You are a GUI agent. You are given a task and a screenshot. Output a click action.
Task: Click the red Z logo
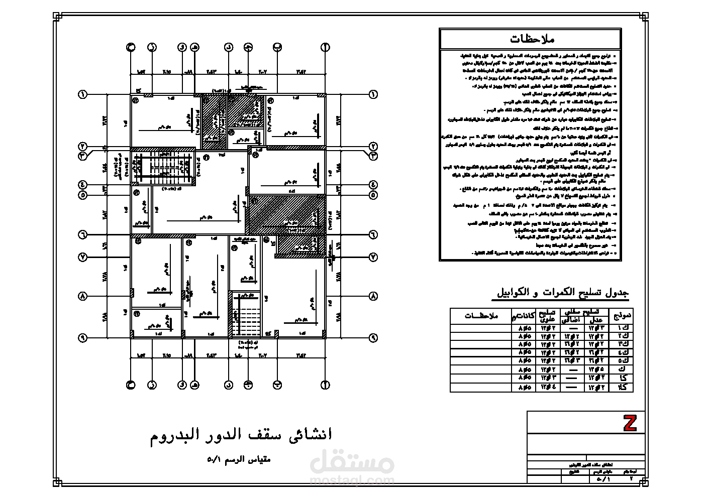coord(630,423)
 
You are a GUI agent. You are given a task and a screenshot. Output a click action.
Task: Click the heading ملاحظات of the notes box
coord(531,39)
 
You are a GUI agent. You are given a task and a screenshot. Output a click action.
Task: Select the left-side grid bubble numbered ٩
coord(82,338)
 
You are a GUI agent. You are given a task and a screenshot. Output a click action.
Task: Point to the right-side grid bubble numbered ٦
coord(373,234)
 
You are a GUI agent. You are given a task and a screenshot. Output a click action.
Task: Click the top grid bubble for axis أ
coord(325,47)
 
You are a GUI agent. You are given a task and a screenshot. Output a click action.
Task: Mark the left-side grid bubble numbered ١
coord(82,94)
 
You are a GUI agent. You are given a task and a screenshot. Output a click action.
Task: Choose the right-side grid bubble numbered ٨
coord(373,297)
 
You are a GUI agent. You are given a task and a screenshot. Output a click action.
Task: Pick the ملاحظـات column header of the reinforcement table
coord(481,316)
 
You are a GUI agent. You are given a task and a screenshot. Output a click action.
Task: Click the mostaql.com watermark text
coord(352,480)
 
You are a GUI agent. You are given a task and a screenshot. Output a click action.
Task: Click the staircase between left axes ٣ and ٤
coord(162,168)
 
